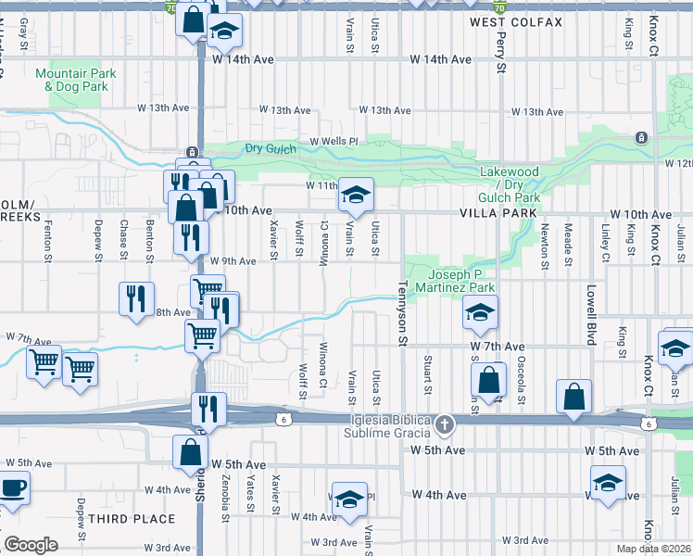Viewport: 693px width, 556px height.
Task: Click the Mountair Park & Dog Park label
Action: [71, 80]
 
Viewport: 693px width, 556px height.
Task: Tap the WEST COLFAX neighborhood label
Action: [515, 22]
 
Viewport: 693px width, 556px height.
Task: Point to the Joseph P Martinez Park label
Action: [462, 280]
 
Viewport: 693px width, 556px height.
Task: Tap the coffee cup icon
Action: [13, 487]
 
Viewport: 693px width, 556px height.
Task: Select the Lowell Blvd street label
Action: [589, 314]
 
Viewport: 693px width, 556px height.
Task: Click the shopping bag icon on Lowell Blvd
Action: [574, 396]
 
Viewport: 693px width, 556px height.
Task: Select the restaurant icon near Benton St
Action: [136, 298]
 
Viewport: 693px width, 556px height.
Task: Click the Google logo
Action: [30, 545]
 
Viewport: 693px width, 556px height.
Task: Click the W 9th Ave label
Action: [233, 261]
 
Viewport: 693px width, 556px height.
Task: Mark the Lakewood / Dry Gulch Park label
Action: [509, 184]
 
